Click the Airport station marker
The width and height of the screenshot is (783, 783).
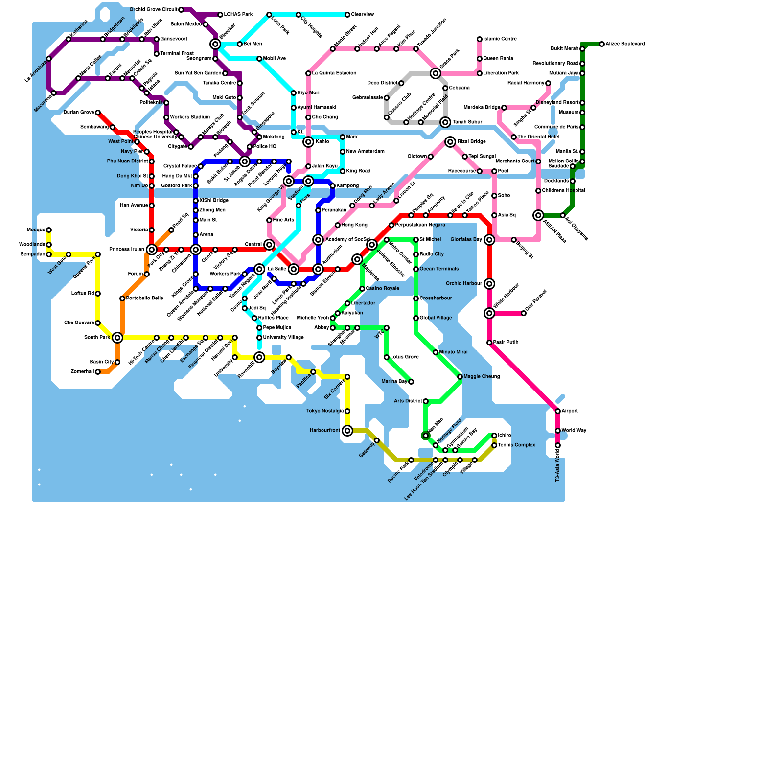(558, 411)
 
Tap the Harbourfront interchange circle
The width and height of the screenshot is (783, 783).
(347, 431)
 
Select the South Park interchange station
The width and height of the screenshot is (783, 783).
(117, 338)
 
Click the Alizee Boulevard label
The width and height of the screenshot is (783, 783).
(625, 44)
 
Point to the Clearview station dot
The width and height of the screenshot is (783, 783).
(347, 15)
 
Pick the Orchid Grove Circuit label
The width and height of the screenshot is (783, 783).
(153, 10)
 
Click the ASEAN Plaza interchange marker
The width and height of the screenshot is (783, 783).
(538, 215)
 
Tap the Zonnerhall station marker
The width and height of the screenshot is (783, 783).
(98, 372)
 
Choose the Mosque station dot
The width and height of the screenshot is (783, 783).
(49, 230)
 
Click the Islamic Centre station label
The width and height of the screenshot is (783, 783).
(500, 39)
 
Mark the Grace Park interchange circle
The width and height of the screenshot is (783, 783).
(436, 73)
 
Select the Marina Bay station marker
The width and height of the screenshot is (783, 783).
(411, 382)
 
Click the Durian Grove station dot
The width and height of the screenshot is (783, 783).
(98, 113)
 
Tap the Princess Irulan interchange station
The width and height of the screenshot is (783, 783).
(152, 250)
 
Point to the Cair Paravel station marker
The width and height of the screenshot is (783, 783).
(524, 313)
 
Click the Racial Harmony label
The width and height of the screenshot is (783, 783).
(526, 83)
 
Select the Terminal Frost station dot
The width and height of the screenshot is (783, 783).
(157, 54)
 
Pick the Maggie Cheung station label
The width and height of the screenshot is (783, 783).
(482, 377)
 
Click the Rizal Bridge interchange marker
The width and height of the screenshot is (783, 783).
(450, 142)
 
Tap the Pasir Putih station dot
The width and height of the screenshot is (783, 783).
(489, 343)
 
